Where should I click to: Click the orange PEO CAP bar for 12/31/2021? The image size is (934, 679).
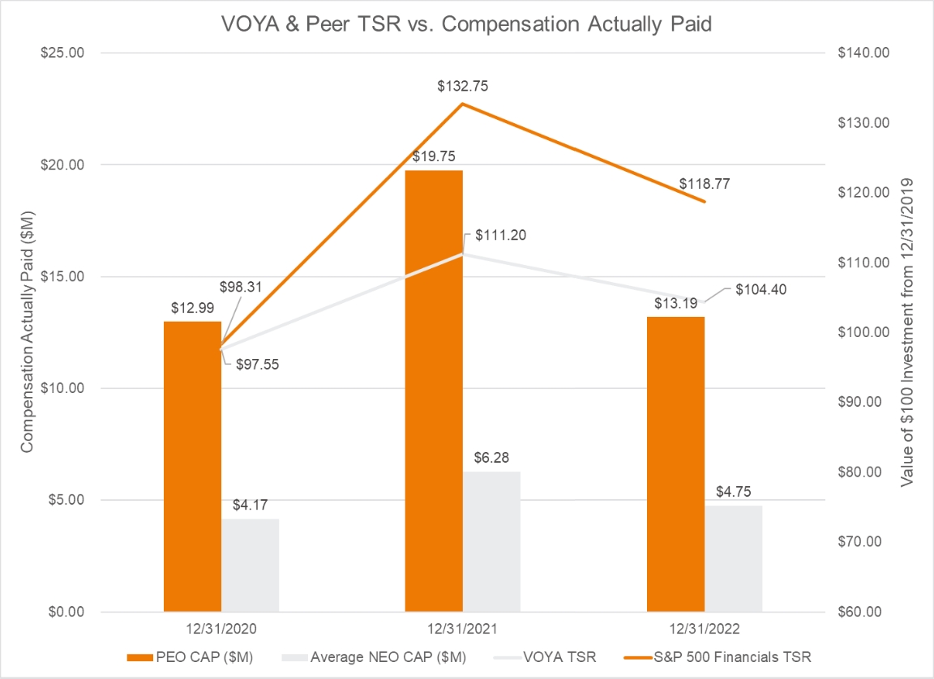[434, 390]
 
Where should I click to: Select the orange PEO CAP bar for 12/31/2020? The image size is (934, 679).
[192, 466]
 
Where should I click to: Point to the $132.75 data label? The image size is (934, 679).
[465, 86]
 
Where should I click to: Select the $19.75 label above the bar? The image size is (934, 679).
[434, 156]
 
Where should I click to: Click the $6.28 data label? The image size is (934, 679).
[491, 458]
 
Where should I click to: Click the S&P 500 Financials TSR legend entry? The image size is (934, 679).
[733, 656]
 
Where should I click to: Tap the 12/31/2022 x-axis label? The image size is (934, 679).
[704, 629]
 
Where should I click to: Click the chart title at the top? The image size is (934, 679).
[466, 24]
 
